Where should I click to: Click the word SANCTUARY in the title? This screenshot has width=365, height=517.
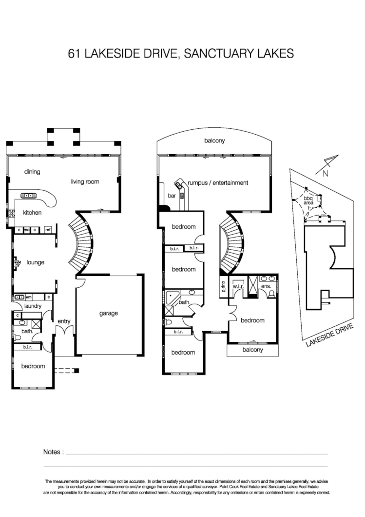tap(220, 53)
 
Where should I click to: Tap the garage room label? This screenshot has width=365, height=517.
tap(108, 313)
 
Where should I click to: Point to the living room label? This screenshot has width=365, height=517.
tap(85, 182)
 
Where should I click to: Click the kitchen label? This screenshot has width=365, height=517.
tap(32, 213)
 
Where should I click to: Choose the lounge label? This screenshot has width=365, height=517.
tap(35, 262)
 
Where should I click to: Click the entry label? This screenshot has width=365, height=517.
tap(64, 321)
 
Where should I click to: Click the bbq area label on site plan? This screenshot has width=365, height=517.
tap(308, 201)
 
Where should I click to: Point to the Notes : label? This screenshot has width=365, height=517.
tap(53, 452)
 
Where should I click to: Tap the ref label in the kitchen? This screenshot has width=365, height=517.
tap(48, 229)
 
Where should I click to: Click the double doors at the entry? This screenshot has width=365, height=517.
tap(65, 331)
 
